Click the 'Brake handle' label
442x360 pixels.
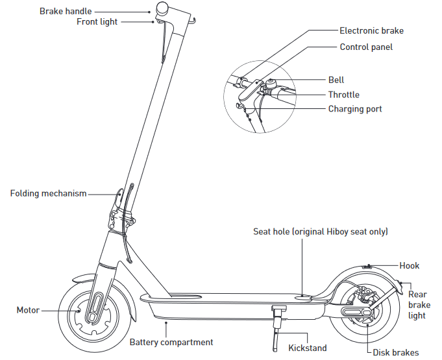pos(66,11)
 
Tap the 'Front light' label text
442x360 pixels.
pos(97,21)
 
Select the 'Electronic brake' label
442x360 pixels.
pos(371,30)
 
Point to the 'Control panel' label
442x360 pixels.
pos(366,47)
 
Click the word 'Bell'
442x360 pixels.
pos(336,80)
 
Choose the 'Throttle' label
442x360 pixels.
pos(343,95)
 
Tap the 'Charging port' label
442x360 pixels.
pos(354,109)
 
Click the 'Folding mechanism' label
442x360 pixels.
pos(48,193)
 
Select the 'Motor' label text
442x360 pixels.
pos(28,310)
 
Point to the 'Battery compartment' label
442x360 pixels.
pos(171,342)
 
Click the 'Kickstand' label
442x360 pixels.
pos(308,348)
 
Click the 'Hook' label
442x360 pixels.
pos(409,265)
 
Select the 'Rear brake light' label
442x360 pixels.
pos(419,305)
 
